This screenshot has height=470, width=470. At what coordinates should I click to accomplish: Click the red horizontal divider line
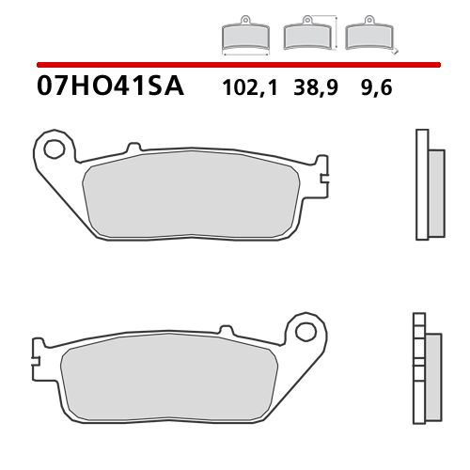click(235, 65)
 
